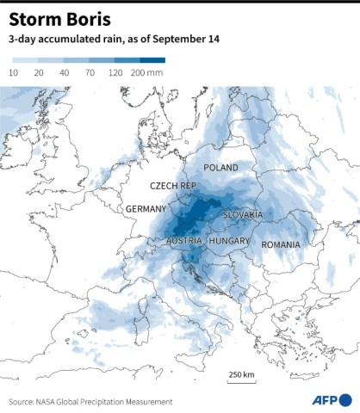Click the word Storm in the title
pos(34,18)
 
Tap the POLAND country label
pos(220,168)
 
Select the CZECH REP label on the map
pos(173,186)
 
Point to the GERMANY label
pos(146,209)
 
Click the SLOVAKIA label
pos(243,214)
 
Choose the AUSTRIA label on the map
pos(184,241)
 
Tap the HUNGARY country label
pos(229,241)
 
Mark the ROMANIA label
pos(281,244)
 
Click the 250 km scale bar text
pos(241,374)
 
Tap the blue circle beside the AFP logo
pos(345,399)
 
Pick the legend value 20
pos(39,75)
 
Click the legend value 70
pos(89,75)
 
